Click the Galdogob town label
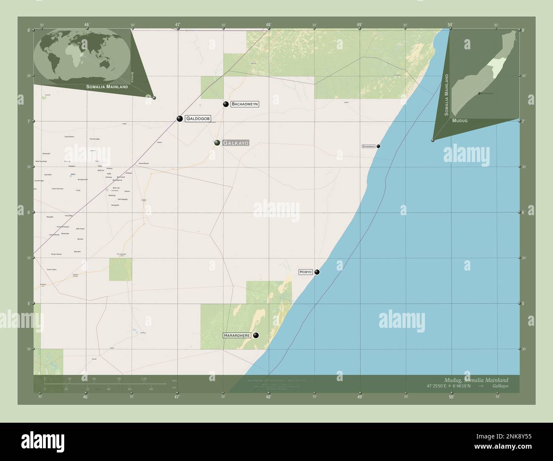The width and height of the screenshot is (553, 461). pyautogui.click(x=198, y=119)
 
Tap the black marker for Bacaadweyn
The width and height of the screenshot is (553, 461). pyautogui.click(x=226, y=104)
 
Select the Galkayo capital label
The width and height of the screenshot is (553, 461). pyautogui.click(x=235, y=143)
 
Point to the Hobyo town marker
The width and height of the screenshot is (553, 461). pyautogui.click(x=317, y=272)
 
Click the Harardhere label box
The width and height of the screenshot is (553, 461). pyautogui.click(x=237, y=336)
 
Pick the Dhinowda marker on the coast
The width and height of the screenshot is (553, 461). pyautogui.click(x=378, y=146)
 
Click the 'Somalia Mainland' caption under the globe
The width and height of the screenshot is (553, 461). pyautogui.click(x=107, y=87)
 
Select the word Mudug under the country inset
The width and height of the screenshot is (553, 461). pyautogui.click(x=460, y=121)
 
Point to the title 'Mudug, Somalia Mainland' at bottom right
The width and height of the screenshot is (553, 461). pyautogui.click(x=476, y=380)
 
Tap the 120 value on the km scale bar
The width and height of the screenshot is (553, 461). pyautogui.click(x=144, y=378)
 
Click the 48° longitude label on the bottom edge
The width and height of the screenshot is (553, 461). pyautogui.click(x=268, y=397)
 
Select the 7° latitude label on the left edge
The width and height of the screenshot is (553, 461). pyautogui.click(x=29, y=122)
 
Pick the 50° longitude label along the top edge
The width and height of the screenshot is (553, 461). pyautogui.click(x=450, y=25)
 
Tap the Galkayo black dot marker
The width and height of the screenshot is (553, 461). pyautogui.click(x=217, y=143)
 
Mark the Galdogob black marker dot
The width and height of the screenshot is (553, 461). pyautogui.click(x=180, y=119)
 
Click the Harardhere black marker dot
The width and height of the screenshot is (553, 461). pyautogui.click(x=256, y=336)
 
